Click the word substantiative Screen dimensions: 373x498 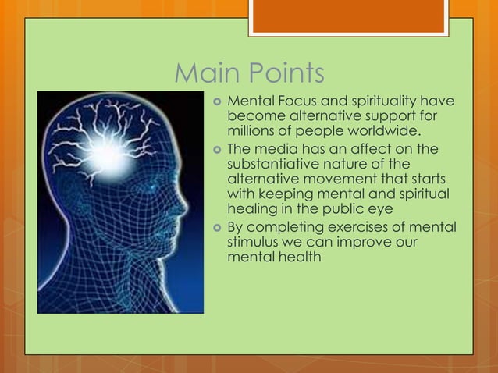coord(276,164)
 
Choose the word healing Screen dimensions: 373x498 coord(251,208)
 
